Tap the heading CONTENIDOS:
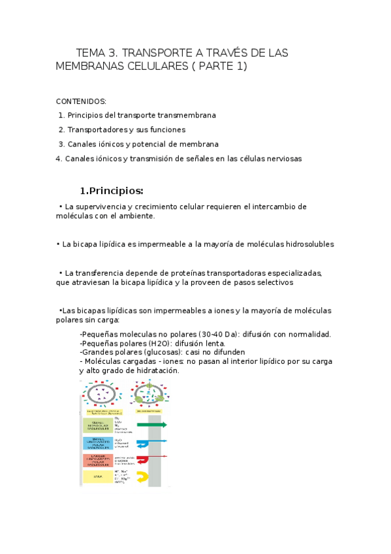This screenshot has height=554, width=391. click(x=81, y=102)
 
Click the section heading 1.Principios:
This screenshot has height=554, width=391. click(x=111, y=191)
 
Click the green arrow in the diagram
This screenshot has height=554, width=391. click(x=152, y=425)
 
